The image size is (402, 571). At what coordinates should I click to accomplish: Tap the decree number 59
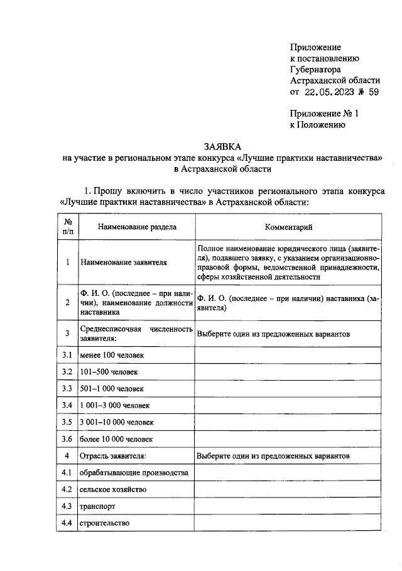(374, 92)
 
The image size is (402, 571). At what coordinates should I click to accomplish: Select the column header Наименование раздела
(136, 227)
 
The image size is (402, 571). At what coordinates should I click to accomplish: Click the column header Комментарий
(288, 227)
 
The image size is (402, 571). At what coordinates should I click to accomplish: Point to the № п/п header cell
(67, 227)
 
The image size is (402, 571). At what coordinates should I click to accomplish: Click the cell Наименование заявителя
(123, 263)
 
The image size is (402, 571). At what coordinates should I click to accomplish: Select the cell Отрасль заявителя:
(114, 455)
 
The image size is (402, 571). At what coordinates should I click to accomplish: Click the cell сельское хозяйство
(114, 489)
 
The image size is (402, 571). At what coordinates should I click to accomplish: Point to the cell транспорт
(97, 506)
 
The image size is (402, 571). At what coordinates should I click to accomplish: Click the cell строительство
(104, 522)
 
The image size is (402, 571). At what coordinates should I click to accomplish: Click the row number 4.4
(67, 522)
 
